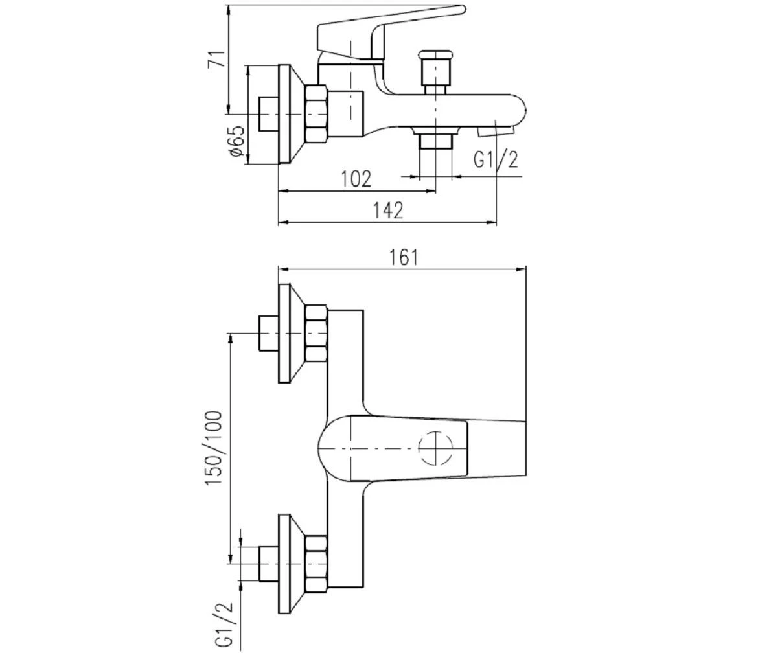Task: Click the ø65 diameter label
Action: (x=237, y=141)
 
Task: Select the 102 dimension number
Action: (x=356, y=179)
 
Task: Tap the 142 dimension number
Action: (x=387, y=211)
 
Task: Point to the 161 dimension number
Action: (x=404, y=257)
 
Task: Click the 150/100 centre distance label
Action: (x=214, y=448)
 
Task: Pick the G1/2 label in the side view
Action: (x=496, y=159)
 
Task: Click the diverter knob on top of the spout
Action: (x=437, y=67)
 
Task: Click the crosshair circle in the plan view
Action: (x=435, y=448)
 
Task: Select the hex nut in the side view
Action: (x=316, y=114)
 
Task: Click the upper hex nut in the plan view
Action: (x=316, y=334)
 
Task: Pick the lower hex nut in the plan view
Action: (x=316, y=564)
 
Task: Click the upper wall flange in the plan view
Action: (x=291, y=334)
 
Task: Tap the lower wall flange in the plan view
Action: (x=291, y=564)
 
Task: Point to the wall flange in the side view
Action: (x=291, y=114)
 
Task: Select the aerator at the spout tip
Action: (x=496, y=130)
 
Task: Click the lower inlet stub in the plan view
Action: (x=269, y=564)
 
